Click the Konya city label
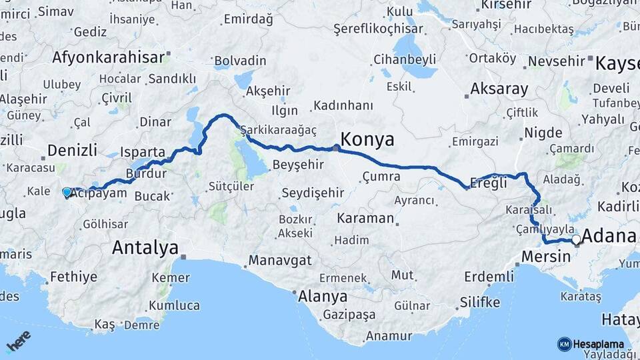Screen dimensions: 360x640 (367, 139)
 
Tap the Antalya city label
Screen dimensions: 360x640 (145, 248)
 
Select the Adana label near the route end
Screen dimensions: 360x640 (609, 236)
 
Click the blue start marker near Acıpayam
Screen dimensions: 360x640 (67, 192)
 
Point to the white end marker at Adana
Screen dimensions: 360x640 (576, 239)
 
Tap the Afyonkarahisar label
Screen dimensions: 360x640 (107, 57)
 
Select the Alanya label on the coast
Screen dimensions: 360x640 (323, 296)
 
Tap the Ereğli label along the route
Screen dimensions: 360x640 (489, 181)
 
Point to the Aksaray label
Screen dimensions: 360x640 (499, 89)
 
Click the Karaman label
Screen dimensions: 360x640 (365, 218)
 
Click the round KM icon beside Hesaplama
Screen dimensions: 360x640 (564, 344)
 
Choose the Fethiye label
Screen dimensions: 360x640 (73, 276)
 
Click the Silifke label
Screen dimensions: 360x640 (479, 303)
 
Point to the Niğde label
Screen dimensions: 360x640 (543, 132)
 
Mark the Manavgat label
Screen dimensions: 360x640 (280, 260)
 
